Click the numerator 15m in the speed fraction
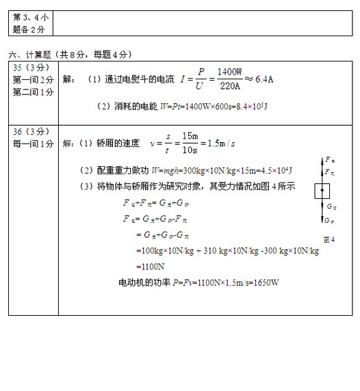pyautogui.click(x=190, y=136)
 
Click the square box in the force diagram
pyautogui.click(x=322, y=191)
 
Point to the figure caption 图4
pyautogui.click(x=328, y=239)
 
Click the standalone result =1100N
pyautogui.click(x=150, y=267)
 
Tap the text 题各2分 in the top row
pyautogui.click(x=29, y=29)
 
